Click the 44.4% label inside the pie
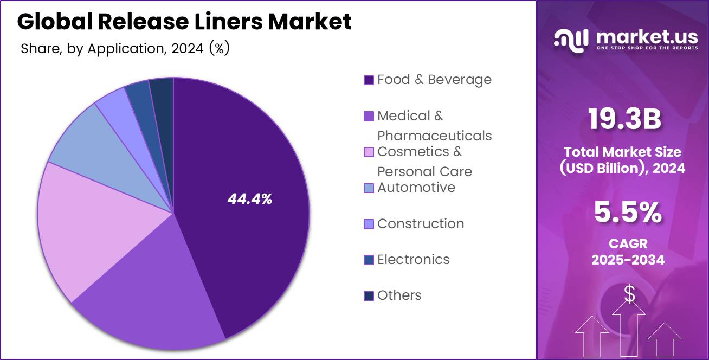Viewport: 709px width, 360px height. click(249, 199)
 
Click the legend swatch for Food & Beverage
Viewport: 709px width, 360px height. click(369, 80)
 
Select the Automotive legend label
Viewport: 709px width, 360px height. click(416, 188)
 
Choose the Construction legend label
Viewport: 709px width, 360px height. click(420, 223)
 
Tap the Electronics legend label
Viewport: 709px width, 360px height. click(413, 259)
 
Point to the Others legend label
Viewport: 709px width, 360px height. click(399, 295)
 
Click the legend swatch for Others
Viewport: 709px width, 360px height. click(369, 295)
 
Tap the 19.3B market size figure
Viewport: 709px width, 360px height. click(624, 119)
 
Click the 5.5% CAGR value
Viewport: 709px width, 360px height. click(628, 213)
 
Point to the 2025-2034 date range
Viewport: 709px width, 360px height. click(628, 260)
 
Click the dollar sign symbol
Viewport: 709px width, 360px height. click(629, 294)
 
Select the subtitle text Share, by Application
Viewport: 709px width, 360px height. click(92, 48)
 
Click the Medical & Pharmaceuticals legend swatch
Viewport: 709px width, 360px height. click(369, 116)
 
